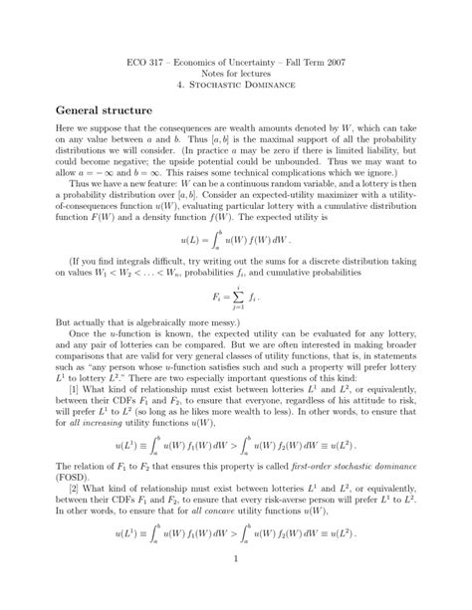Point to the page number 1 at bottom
(236, 586)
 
